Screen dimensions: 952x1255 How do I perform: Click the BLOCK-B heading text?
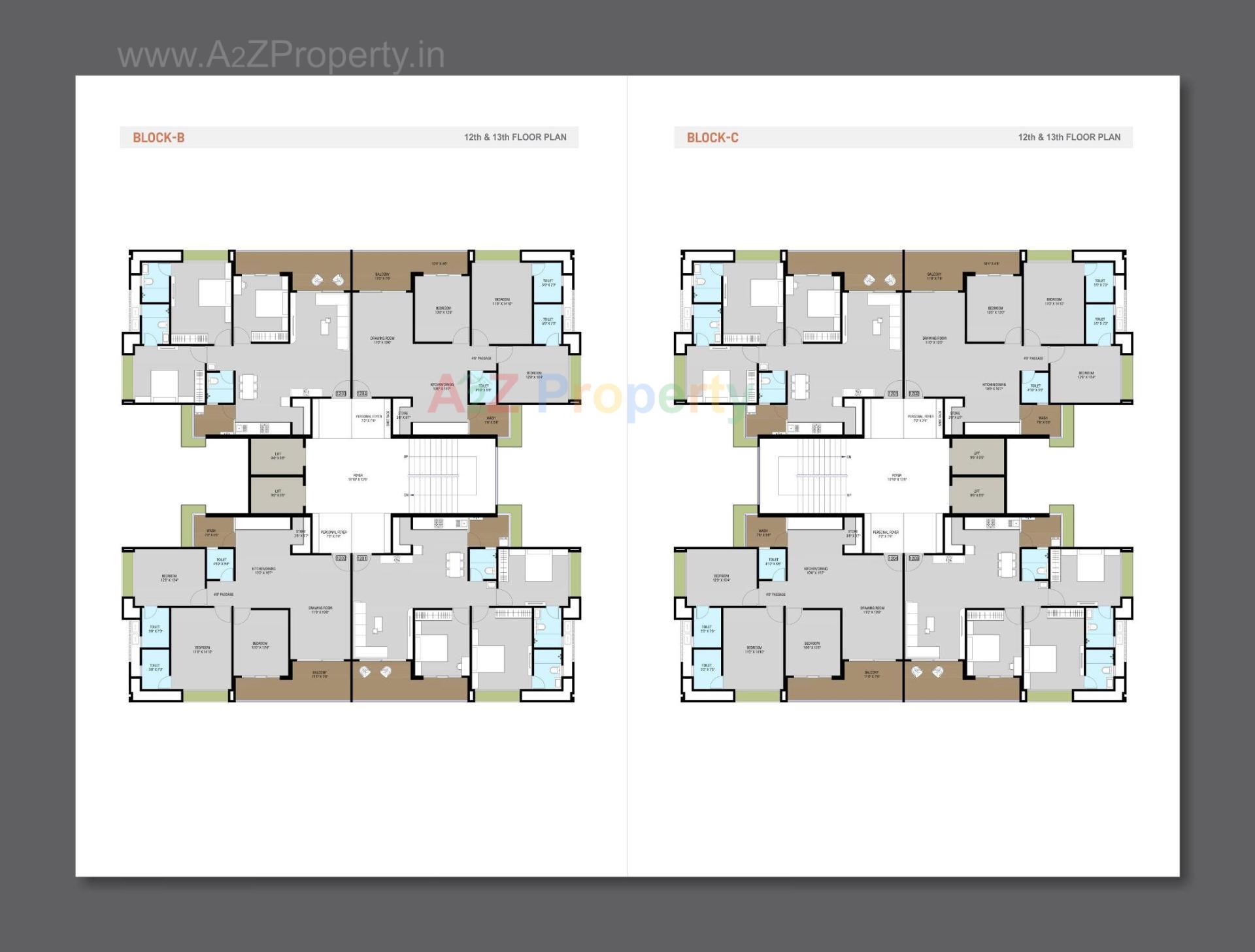click(x=158, y=137)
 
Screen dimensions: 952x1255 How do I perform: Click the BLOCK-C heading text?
click(x=712, y=137)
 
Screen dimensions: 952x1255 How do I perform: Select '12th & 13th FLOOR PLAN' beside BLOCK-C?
click(x=1069, y=137)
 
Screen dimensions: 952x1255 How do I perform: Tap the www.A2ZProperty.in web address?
click(x=281, y=55)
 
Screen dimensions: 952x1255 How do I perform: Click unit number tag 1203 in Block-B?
click(x=341, y=393)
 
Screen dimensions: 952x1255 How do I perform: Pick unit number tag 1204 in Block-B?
click(x=362, y=393)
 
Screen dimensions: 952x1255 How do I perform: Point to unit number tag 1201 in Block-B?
click(x=362, y=558)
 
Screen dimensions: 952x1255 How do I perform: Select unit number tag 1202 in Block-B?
click(x=341, y=558)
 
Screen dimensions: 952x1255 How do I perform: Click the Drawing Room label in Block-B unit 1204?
click(x=382, y=340)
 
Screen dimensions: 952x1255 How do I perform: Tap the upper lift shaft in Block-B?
click(x=277, y=455)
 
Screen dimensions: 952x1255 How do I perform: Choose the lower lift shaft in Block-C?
click(x=977, y=493)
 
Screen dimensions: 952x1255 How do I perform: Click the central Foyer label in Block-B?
click(x=358, y=477)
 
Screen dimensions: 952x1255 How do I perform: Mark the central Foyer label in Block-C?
click(x=896, y=477)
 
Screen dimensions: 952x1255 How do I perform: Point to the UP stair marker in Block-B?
click(x=406, y=456)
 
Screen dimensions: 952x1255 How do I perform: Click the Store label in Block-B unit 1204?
click(x=403, y=414)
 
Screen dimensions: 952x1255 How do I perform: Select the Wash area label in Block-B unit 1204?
click(x=491, y=419)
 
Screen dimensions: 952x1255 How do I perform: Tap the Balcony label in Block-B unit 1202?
click(x=320, y=674)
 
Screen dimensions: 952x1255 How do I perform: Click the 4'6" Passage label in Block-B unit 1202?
click(x=224, y=594)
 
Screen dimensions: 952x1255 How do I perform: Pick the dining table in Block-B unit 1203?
click(x=247, y=386)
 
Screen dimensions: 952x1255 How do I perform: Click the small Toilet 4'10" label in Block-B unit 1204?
click(x=483, y=387)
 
